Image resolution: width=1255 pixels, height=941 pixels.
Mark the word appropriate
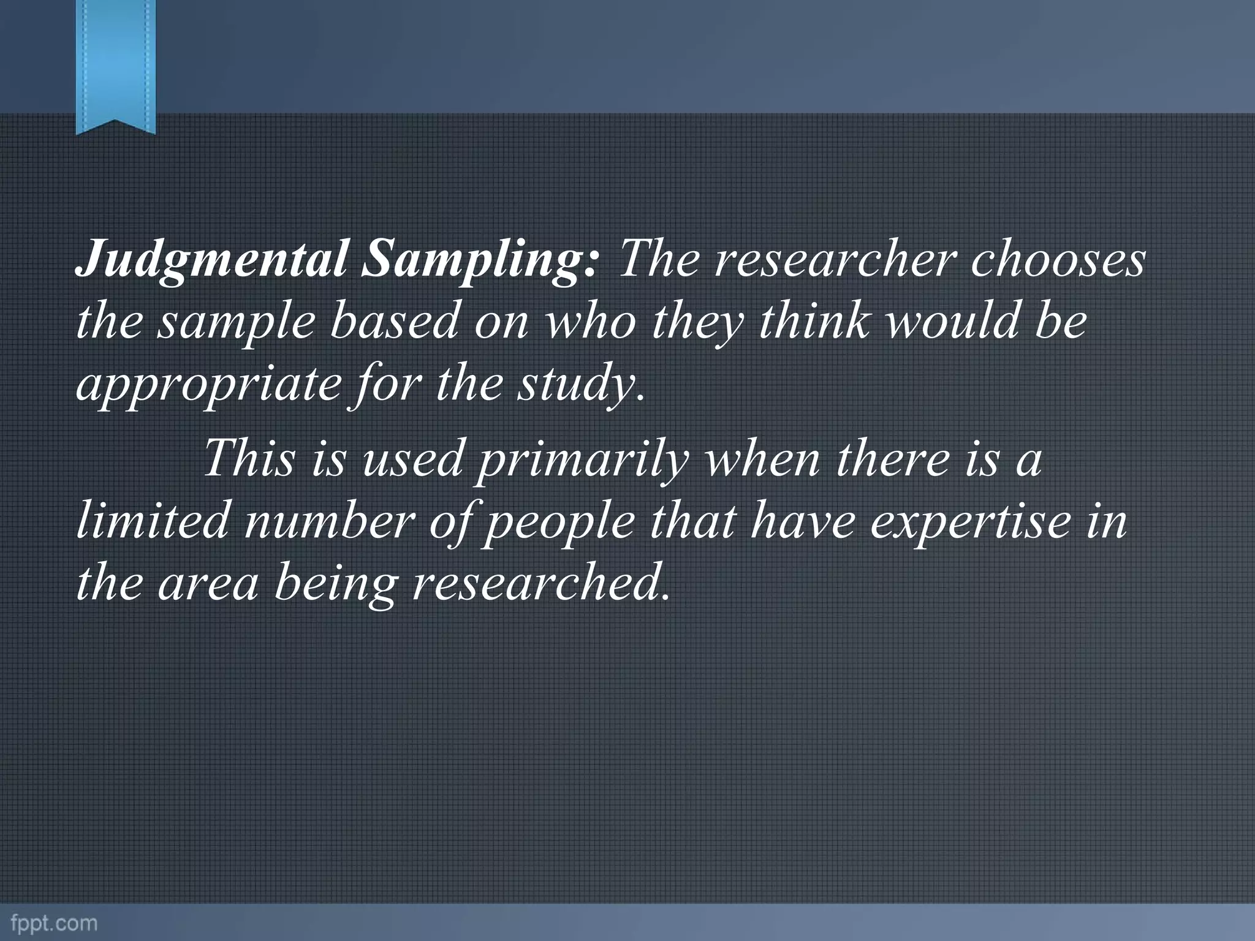208,386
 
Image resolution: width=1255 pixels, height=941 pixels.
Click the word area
208,584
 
